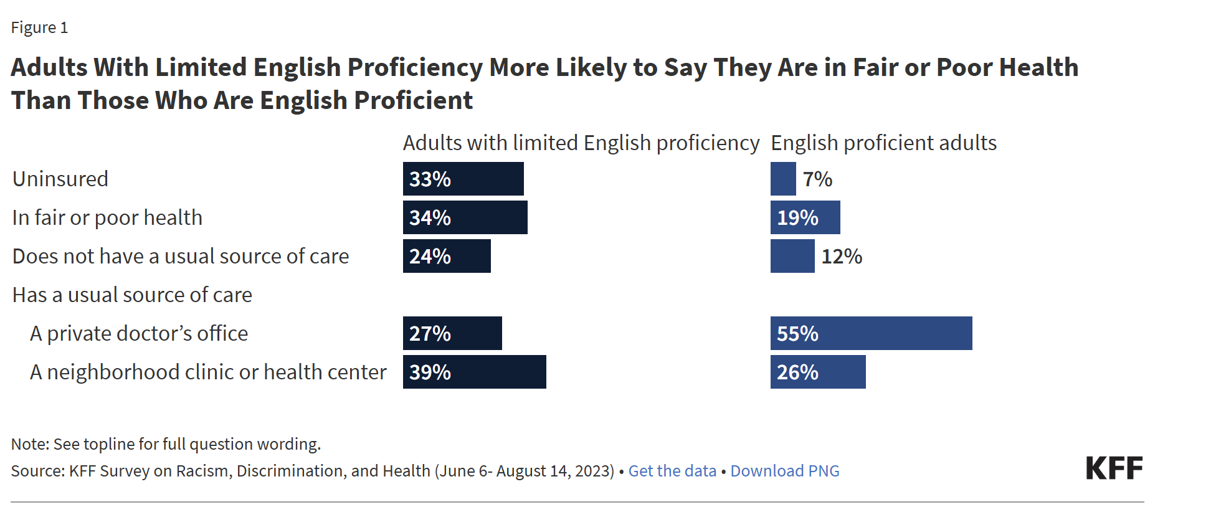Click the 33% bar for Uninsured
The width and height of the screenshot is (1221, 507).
coord(463,179)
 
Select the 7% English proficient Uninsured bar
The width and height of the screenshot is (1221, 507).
coord(783,179)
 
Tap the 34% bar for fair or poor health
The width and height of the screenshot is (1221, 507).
coord(465,217)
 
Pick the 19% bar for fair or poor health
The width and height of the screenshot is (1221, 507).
coord(805,217)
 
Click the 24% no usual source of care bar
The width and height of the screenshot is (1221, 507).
coord(447,256)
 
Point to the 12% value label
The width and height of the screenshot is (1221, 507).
coord(842,257)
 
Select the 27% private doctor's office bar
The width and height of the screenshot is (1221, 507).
coord(452,333)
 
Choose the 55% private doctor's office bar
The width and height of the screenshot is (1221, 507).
coord(871,333)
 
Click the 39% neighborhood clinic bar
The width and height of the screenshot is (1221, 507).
coord(474,372)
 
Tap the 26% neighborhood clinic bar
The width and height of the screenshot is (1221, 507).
coord(818,372)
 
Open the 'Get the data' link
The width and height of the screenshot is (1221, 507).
coord(672,471)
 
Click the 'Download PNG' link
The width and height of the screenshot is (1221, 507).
coord(785,471)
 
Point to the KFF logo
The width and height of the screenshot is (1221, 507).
coord(1114,468)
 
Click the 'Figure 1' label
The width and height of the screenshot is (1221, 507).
coord(39,28)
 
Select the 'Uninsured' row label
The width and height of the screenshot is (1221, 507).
coord(60,179)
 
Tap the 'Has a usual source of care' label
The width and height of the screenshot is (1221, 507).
coord(132,295)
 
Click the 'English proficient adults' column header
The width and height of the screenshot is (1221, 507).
coord(883,143)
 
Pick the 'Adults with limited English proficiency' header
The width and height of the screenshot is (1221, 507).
coord(581,143)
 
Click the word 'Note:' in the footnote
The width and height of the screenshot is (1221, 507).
coord(30,444)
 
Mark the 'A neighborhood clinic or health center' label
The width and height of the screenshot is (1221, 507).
coord(208,372)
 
